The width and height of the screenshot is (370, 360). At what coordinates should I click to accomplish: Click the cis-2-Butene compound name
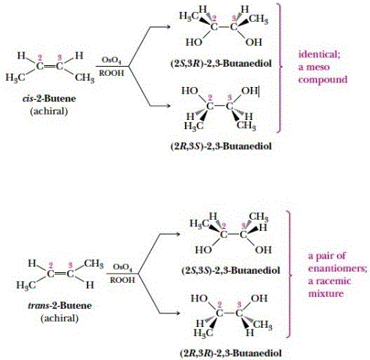(x=49, y=98)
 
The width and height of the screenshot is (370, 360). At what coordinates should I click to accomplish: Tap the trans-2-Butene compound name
(x=60, y=305)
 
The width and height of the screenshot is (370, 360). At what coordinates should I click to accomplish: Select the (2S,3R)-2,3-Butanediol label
(x=221, y=64)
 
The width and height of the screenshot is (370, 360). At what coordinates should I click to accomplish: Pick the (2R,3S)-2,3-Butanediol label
(x=221, y=145)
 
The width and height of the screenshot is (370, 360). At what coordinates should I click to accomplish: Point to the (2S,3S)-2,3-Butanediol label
(x=231, y=270)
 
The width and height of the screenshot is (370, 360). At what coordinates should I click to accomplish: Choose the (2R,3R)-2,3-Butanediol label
(x=231, y=353)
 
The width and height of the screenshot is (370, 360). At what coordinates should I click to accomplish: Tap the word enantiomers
(x=338, y=268)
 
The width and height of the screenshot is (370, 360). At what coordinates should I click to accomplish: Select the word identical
(x=319, y=55)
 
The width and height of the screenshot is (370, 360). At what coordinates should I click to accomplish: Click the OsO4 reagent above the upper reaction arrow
(x=112, y=61)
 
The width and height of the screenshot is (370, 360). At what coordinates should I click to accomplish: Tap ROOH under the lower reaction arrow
(x=122, y=280)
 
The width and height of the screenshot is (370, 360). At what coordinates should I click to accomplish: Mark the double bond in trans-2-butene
(x=60, y=274)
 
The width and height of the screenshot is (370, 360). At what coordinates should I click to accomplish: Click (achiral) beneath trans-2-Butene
(x=60, y=318)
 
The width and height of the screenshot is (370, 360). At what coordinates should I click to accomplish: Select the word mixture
(x=326, y=294)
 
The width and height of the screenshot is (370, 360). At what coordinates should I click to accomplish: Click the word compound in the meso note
(x=323, y=80)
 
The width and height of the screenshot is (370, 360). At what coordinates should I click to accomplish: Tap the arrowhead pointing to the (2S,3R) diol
(x=169, y=27)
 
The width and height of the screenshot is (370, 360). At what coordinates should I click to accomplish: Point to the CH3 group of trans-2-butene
(x=94, y=264)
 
